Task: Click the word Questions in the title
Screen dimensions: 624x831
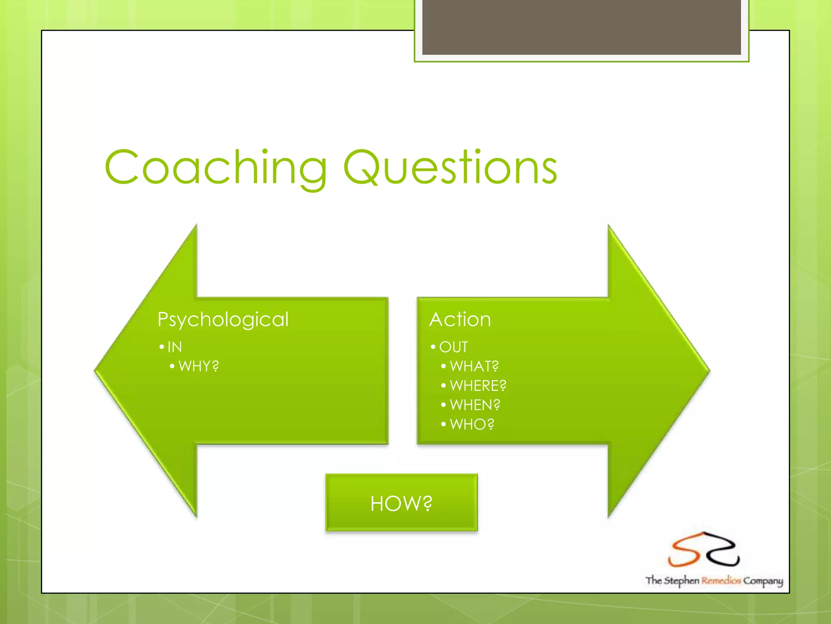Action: [450, 168]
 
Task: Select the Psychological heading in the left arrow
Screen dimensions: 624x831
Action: [223, 320]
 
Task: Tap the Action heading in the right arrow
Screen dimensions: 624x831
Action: [460, 320]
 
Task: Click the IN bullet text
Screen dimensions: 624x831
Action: [174, 347]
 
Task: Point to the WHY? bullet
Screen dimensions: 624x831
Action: [198, 366]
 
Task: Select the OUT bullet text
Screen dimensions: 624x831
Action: [453, 347]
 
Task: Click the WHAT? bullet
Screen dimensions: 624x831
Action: [474, 366]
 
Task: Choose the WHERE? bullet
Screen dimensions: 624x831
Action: [478, 386]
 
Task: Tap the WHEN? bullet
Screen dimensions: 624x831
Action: [475, 405]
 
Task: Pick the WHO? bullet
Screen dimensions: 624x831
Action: [472, 425]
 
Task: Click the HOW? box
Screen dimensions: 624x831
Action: [401, 503]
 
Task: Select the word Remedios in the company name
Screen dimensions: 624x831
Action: [721, 581]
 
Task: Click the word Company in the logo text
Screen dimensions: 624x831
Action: [763, 581]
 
